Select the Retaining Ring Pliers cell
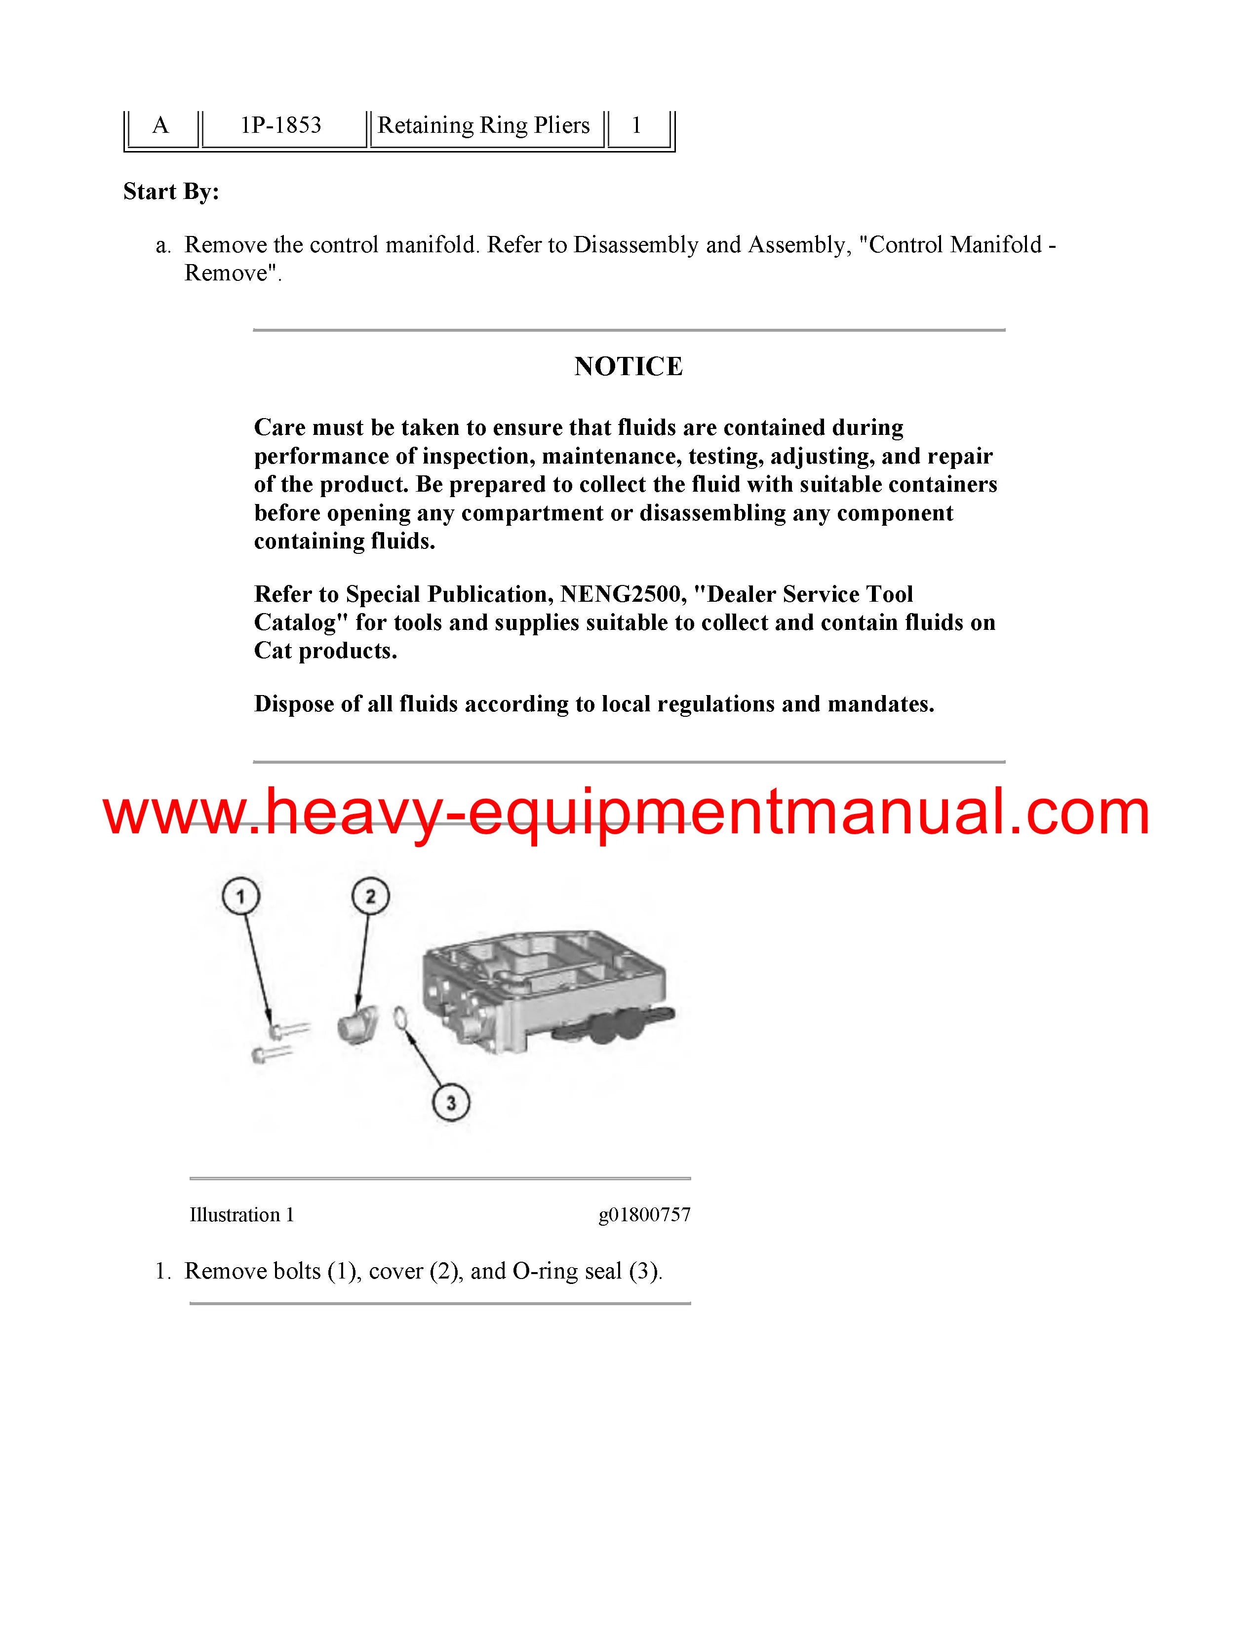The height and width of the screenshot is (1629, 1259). [483, 125]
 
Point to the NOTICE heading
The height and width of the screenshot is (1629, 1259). [628, 366]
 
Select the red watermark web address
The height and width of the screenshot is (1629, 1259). [627, 812]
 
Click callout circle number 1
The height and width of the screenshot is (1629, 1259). [240, 896]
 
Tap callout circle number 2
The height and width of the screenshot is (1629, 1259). [371, 896]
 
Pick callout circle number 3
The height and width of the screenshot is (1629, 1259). [450, 1102]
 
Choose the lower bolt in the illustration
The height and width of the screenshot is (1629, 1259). [272, 1054]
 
